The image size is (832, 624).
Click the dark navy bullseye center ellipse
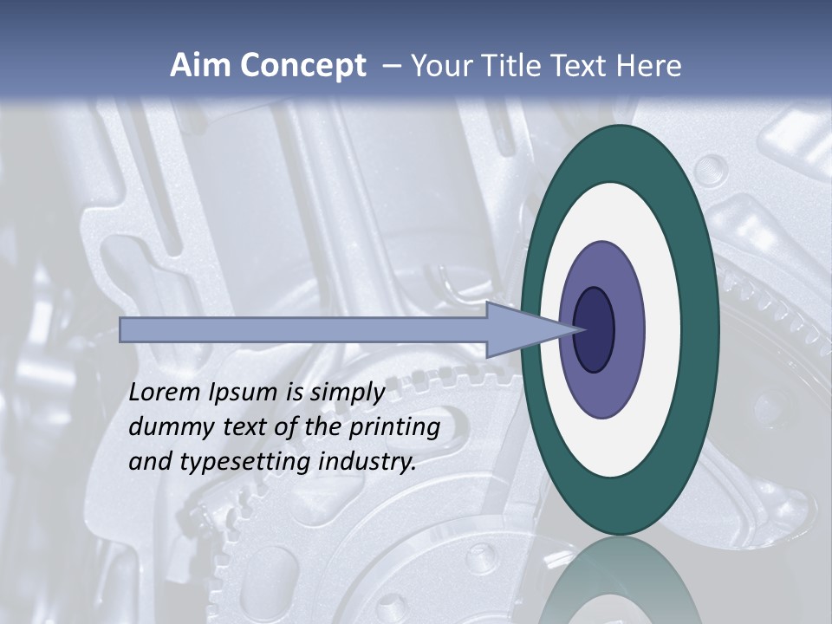point(595,330)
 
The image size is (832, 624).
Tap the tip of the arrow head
point(582,329)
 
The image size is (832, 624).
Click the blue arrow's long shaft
point(303,330)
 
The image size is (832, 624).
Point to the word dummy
point(166,427)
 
